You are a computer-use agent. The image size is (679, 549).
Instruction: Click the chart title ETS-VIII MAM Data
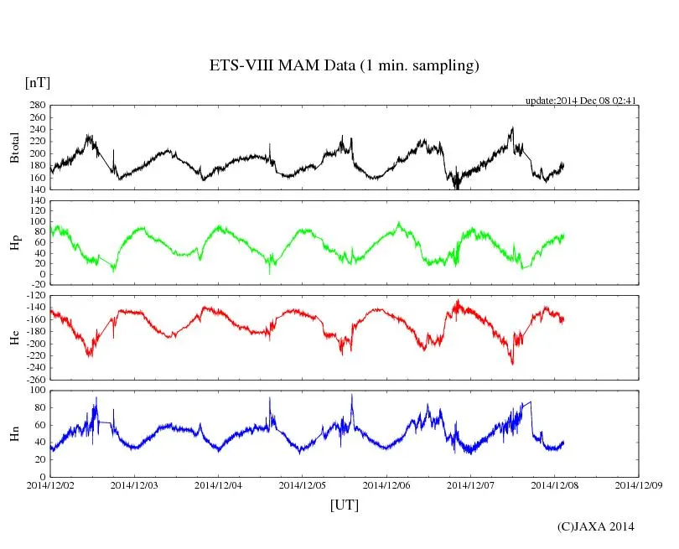[344, 66]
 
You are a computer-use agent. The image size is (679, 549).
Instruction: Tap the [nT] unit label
[38, 83]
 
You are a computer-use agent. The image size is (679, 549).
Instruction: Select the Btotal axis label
[14, 148]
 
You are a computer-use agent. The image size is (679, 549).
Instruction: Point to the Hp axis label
[14, 243]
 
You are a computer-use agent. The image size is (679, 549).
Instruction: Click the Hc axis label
[14, 338]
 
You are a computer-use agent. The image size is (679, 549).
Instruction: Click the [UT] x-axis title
[344, 505]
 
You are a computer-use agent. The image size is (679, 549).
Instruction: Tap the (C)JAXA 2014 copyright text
[595, 526]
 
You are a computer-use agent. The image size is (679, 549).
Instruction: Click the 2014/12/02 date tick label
[50, 484]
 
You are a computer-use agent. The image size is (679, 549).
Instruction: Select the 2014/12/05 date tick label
[303, 484]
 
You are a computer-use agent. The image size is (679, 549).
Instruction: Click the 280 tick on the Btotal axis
[37, 106]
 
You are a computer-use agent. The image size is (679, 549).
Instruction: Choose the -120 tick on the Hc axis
[34, 297]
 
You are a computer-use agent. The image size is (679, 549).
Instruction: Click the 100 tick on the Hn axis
[37, 391]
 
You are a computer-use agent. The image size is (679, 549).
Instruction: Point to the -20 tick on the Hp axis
[37, 285]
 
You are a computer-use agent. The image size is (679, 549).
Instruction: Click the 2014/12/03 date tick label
[134, 484]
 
